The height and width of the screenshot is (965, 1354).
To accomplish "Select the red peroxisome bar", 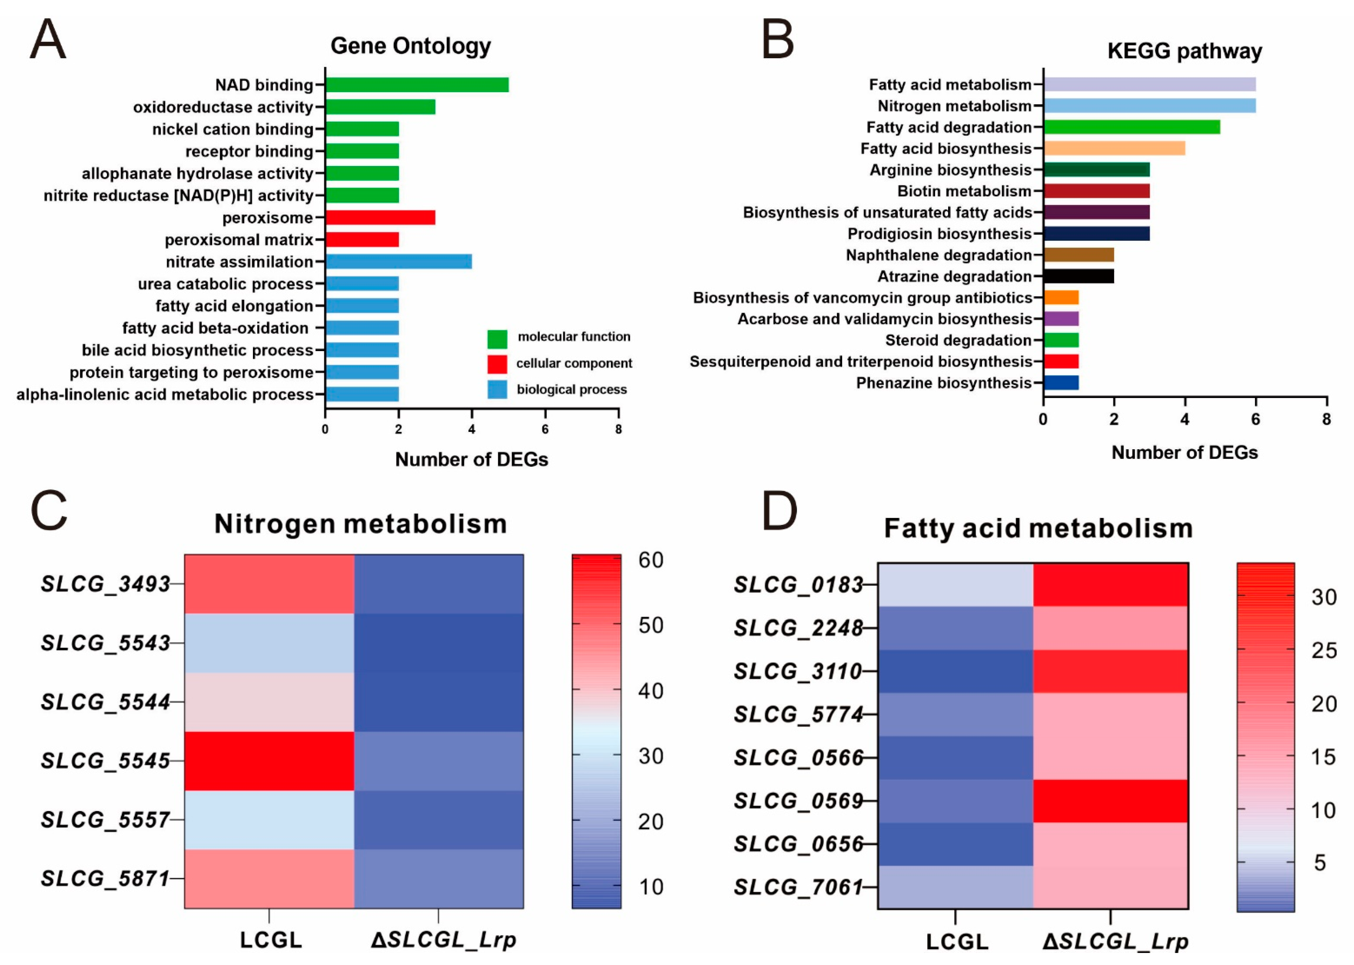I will point(380,218).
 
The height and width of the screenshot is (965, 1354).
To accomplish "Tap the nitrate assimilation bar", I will point(398,262).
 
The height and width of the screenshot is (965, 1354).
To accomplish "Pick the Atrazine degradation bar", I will point(1078,276).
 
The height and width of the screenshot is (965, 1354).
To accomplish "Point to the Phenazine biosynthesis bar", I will point(1061,383).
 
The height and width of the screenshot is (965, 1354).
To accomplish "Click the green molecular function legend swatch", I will point(497,339).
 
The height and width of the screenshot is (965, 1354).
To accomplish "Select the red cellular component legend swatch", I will point(497,364).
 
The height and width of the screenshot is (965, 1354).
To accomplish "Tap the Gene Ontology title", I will point(411,46).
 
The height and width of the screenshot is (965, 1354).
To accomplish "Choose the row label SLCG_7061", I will point(798,887).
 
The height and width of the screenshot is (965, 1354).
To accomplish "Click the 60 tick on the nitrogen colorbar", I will point(651,560).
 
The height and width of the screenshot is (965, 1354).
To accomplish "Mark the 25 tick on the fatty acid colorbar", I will point(1324,651).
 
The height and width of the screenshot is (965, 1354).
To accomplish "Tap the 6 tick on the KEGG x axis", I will point(1255,419).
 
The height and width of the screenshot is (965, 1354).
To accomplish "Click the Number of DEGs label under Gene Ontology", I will point(471,459).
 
